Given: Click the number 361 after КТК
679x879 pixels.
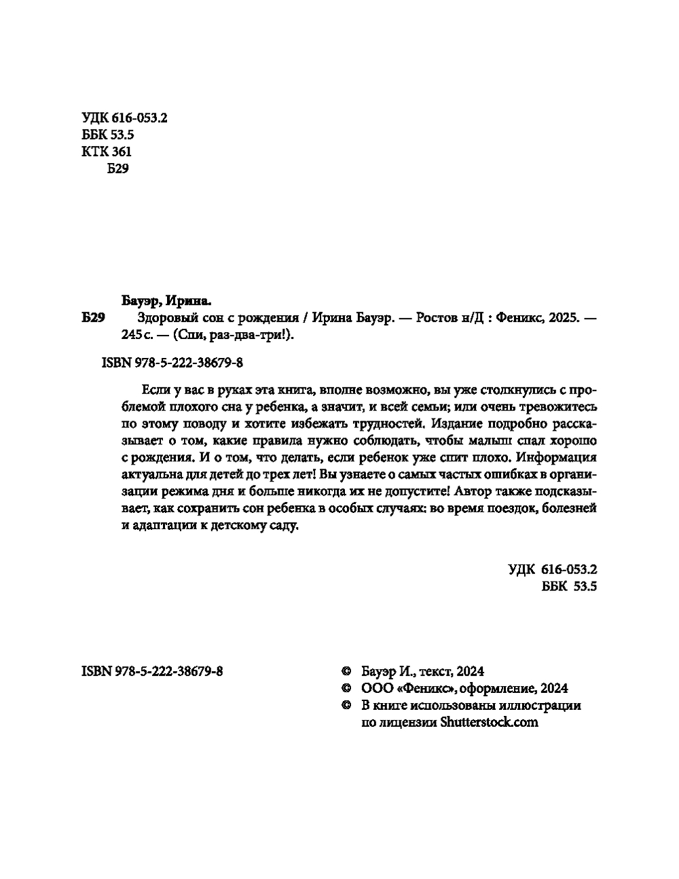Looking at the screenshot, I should point(120,151).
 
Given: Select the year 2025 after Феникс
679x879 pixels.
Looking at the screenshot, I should point(561,319).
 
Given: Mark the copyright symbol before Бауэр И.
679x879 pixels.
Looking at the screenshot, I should point(345,671).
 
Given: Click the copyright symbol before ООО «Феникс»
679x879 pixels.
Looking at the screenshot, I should point(345,688).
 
